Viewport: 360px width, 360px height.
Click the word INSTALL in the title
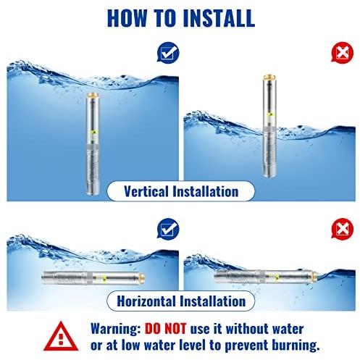tap(219, 18)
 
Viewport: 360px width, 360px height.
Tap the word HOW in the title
tap(127, 18)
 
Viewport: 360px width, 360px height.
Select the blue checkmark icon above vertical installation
tap(168, 53)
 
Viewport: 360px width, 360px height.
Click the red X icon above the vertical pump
tap(342, 53)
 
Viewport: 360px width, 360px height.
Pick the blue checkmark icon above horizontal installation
tap(168, 229)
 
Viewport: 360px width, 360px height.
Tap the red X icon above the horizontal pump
tap(342, 229)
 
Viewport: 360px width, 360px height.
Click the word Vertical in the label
tap(146, 191)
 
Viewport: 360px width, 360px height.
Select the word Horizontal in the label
tap(146, 301)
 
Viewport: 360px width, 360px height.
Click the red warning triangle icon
tap(61, 336)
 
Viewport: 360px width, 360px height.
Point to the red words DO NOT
tap(165, 329)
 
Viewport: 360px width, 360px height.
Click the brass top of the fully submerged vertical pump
tap(93, 95)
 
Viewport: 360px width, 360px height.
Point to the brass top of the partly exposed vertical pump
tap(269, 78)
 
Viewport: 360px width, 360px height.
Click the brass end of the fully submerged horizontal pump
tap(142, 278)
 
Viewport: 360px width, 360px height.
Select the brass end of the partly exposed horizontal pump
tap(314, 277)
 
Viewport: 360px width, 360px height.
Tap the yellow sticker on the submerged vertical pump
tap(93, 132)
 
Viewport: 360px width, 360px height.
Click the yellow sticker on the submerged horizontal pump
tap(104, 279)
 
